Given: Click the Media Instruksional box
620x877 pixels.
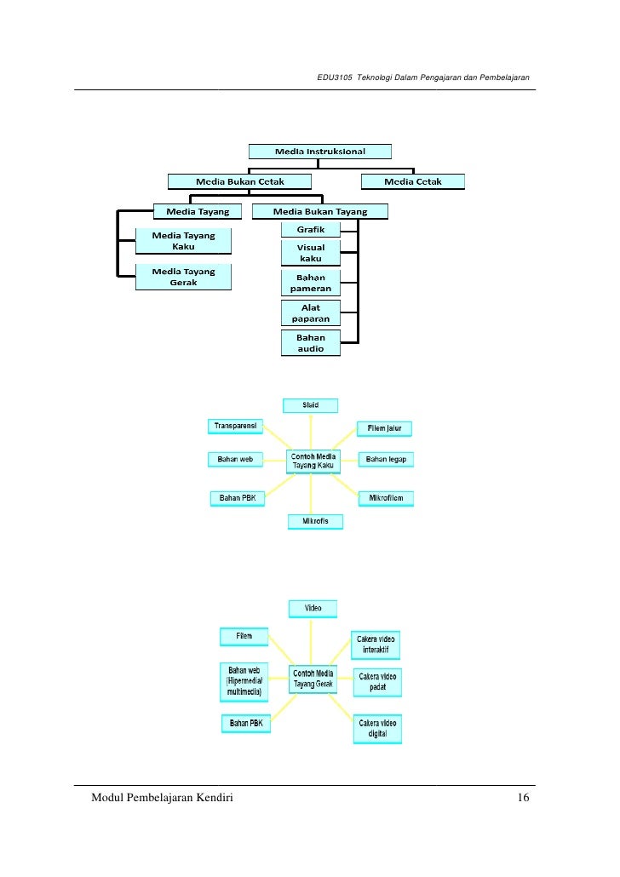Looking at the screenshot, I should (x=319, y=152).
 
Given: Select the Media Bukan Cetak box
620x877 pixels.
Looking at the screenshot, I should (x=239, y=181).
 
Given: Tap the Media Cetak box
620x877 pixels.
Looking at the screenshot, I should (x=413, y=181).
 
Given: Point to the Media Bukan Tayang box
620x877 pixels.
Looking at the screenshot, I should (x=320, y=211).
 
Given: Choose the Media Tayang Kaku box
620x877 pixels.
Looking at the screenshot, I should (x=183, y=241).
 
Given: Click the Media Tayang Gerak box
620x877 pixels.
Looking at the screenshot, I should (x=183, y=277).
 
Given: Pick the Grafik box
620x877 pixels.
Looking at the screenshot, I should (x=310, y=230).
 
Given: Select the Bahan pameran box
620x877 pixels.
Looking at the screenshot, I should (x=310, y=283).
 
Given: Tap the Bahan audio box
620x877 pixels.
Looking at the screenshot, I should (x=310, y=343).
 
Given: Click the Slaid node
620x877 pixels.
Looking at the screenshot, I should (x=311, y=405).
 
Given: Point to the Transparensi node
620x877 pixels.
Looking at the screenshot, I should (x=235, y=425).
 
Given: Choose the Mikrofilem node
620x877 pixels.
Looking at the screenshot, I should (x=386, y=497).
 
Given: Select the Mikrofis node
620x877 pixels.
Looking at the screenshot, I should (x=315, y=520).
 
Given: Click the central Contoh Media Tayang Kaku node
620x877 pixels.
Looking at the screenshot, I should (x=313, y=461).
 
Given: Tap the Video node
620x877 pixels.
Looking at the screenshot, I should (x=313, y=609).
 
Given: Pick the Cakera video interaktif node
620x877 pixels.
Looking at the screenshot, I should (x=376, y=645).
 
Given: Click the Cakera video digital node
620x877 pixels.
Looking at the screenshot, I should (x=376, y=729).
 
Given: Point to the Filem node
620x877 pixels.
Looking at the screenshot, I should (x=244, y=636).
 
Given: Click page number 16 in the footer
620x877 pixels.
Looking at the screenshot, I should (x=523, y=798).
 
